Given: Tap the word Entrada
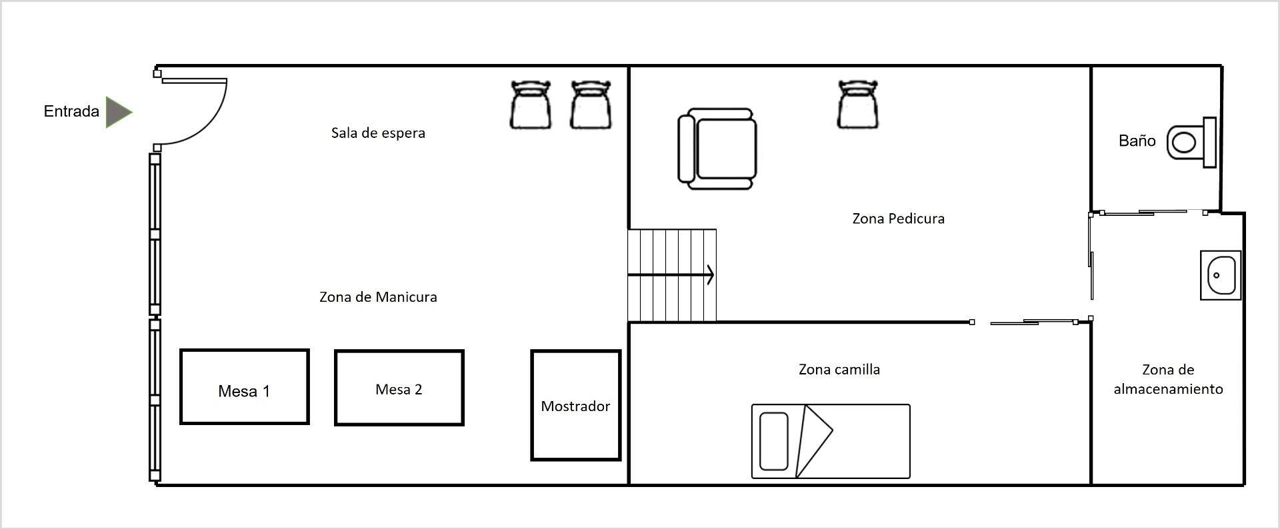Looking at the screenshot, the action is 71,111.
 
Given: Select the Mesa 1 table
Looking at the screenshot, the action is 245,386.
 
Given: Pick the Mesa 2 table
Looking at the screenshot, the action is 399,388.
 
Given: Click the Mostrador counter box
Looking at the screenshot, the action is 576,405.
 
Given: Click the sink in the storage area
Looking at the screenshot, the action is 1221,275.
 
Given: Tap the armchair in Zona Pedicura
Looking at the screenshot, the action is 717,149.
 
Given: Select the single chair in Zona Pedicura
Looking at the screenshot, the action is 858,104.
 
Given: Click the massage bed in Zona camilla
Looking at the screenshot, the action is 831,441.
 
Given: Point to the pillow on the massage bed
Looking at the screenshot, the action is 774,441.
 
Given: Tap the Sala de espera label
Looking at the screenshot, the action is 378,133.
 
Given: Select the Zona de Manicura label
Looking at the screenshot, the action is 378,297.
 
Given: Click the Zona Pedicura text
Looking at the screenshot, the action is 898,219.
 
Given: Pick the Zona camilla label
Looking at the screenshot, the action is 839,369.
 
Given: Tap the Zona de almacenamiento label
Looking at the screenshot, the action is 1168,379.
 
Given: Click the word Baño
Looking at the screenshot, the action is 1137,141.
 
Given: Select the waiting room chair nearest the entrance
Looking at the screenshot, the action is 531,105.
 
